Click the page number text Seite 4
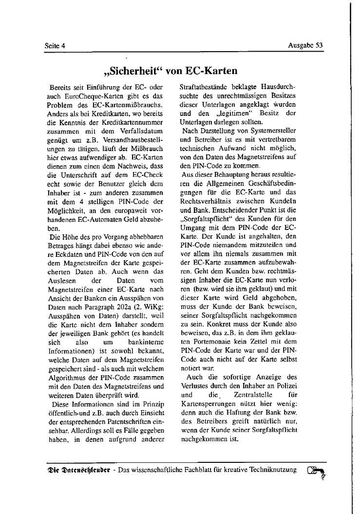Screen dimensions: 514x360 (55, 46)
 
